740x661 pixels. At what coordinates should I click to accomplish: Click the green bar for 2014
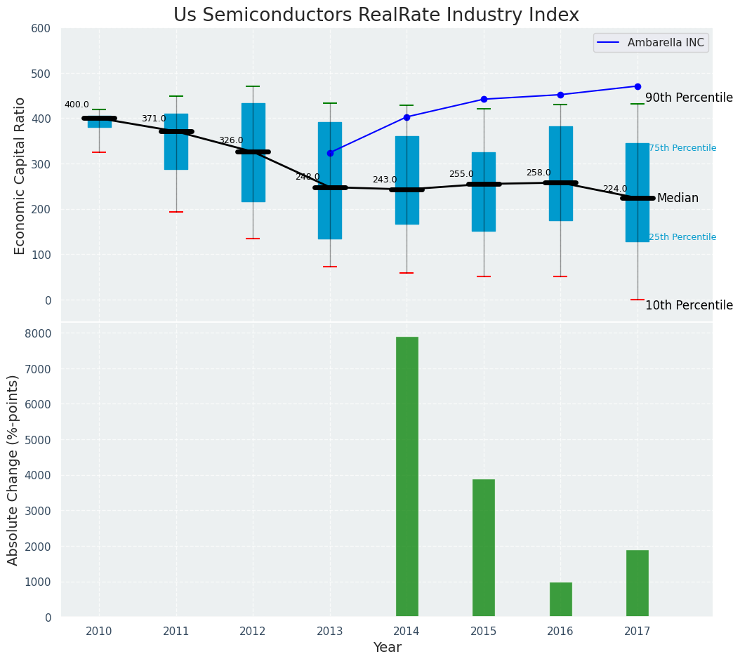[407, 476]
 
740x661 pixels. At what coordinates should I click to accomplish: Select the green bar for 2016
[560, 599]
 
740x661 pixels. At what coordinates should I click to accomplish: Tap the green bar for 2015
[483, 548]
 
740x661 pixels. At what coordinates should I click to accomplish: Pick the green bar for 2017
[637, 583]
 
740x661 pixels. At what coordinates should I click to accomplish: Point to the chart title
[376, 15]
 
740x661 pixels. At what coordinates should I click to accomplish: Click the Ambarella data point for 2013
[330, 153]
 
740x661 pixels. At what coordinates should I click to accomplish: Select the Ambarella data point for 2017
[637, 86]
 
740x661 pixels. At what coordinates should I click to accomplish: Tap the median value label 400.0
[77, 105]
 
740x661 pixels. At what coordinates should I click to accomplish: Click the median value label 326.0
[231, 141]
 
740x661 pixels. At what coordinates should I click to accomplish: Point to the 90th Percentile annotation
[689, 98]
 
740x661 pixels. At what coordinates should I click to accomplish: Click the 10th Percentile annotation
[689, 306]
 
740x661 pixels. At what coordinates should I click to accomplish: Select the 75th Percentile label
[682, 149]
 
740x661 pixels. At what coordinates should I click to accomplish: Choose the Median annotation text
[678, 199]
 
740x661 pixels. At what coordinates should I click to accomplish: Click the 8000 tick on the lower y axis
[39, 333]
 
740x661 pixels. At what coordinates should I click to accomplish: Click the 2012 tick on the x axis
[253, 632]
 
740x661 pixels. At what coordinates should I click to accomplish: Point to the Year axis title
[387, 648]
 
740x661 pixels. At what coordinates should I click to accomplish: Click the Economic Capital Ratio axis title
[20, 175]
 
